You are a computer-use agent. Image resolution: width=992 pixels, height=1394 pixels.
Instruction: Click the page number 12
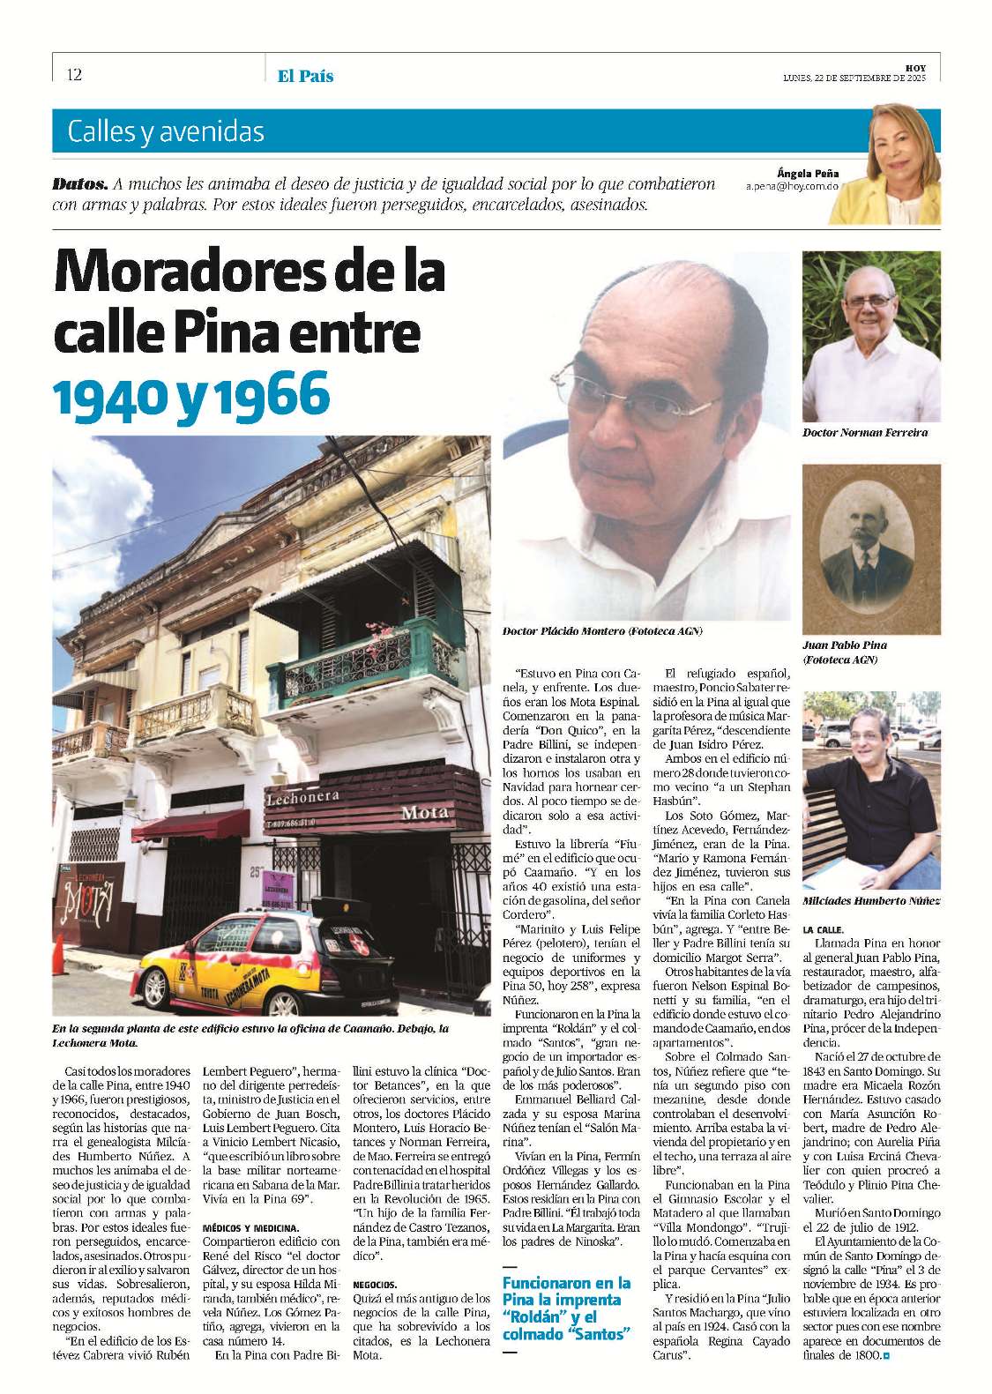(74, 75)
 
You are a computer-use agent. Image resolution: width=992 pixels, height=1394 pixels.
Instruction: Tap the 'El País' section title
(305, 76)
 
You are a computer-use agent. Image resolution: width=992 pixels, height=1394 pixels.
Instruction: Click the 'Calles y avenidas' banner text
(166, 131)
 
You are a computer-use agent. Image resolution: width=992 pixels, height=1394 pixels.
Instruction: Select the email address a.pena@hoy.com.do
(792, 188)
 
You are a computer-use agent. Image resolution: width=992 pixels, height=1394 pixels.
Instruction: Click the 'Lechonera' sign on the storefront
(302, 799)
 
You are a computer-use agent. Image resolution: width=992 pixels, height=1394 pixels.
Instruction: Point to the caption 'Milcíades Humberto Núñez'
(870, 900)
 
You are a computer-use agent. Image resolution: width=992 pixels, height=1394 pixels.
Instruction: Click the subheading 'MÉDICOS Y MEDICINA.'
(251, 1227)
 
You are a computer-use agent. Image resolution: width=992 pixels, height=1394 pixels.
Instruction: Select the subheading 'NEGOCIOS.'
(375, 1285)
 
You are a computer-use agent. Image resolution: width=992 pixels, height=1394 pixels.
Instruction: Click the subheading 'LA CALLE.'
(823, 929)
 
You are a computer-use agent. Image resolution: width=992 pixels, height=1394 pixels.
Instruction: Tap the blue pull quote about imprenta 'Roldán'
(566, 1308)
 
